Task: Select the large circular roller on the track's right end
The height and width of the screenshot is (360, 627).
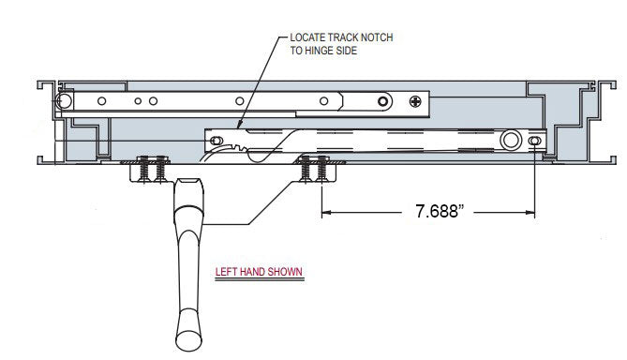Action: (511, 141)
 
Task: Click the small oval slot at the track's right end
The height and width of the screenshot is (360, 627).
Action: (534, 141)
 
